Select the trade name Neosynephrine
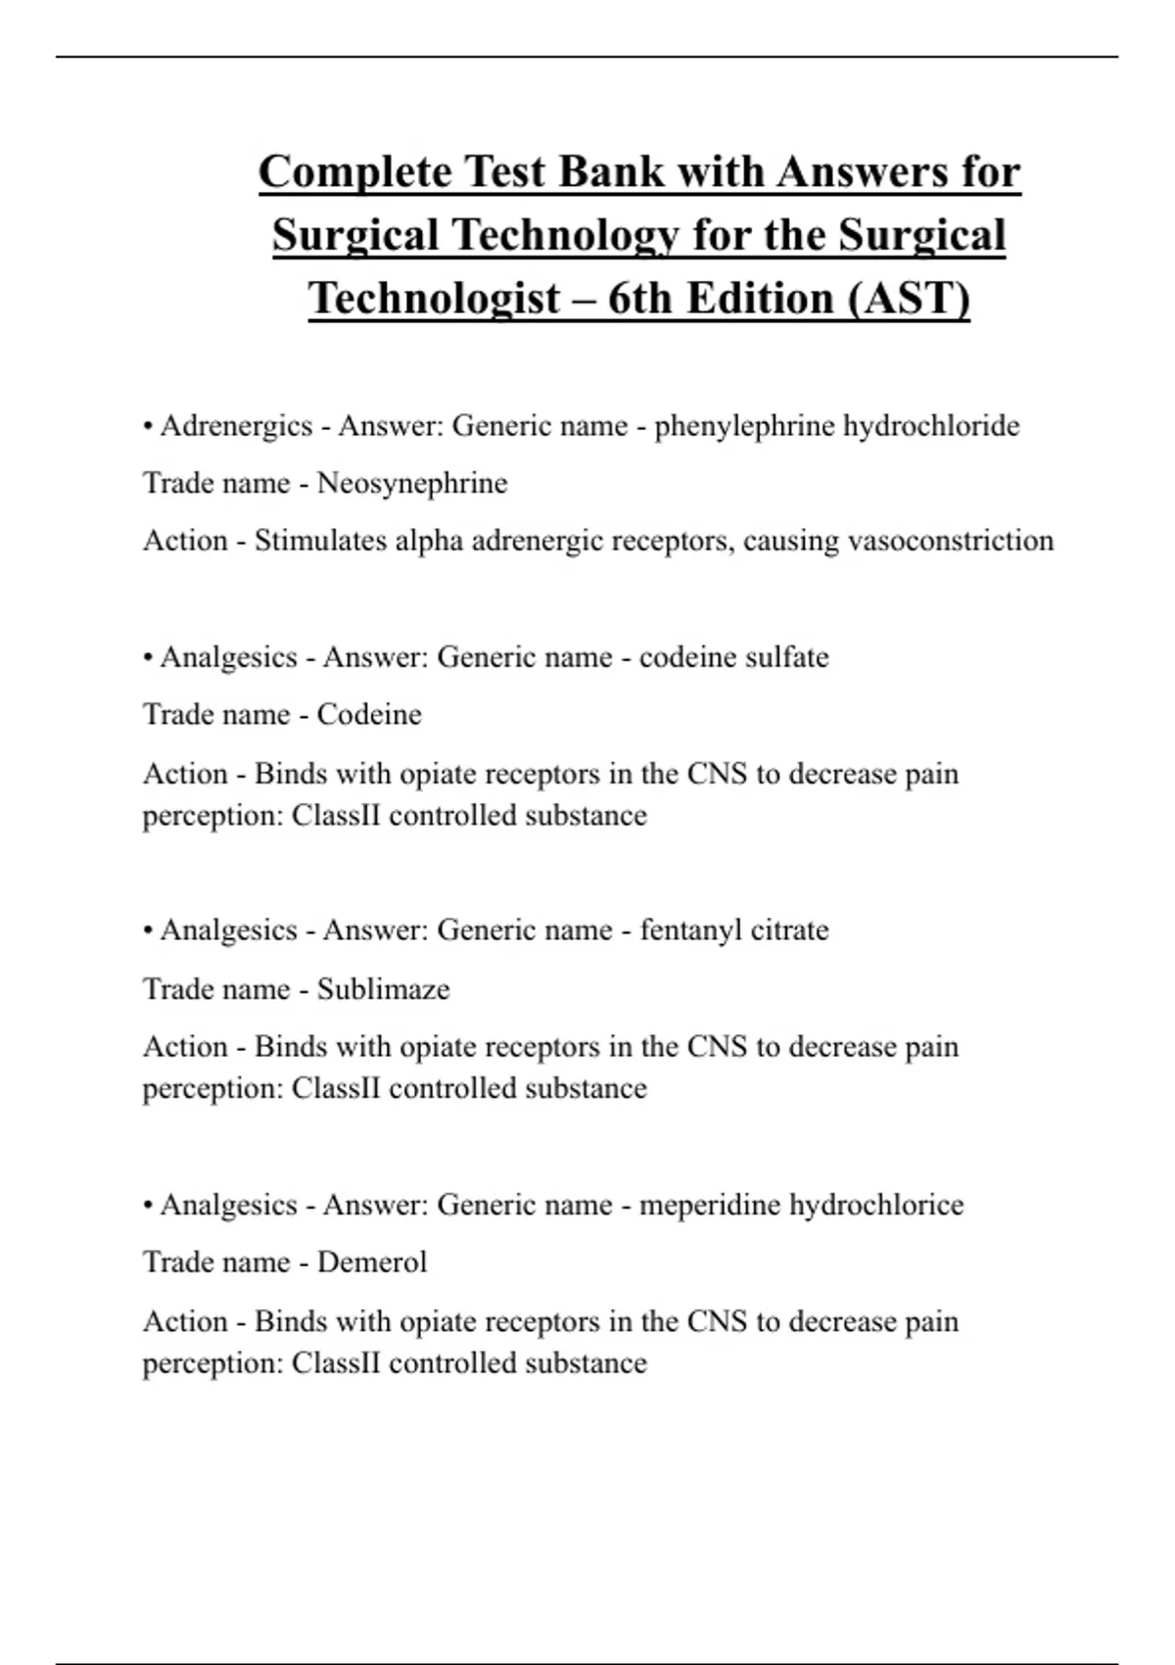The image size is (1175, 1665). click(x=412, y=483)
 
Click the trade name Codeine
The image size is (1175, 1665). click(x=369, y=715)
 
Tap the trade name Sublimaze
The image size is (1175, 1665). click(x=383, y=989)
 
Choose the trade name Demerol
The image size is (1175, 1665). click(x=372, y=1262)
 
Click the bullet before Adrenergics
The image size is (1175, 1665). click(x=148, y=427)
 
